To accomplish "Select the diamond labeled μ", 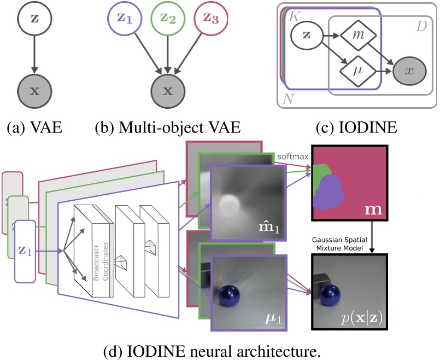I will point(356,71).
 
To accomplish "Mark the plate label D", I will point(421,27).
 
